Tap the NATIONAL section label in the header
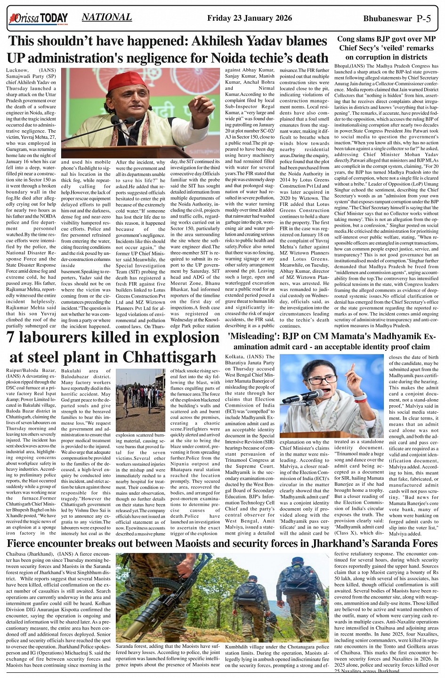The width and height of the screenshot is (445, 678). click(x=106, y=17)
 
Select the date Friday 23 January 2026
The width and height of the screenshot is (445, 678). click(x=249, y=18)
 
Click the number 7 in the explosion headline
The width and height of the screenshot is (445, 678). click(x=12, y=338)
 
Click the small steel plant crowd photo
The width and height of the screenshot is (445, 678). click(x=140, y=400)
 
